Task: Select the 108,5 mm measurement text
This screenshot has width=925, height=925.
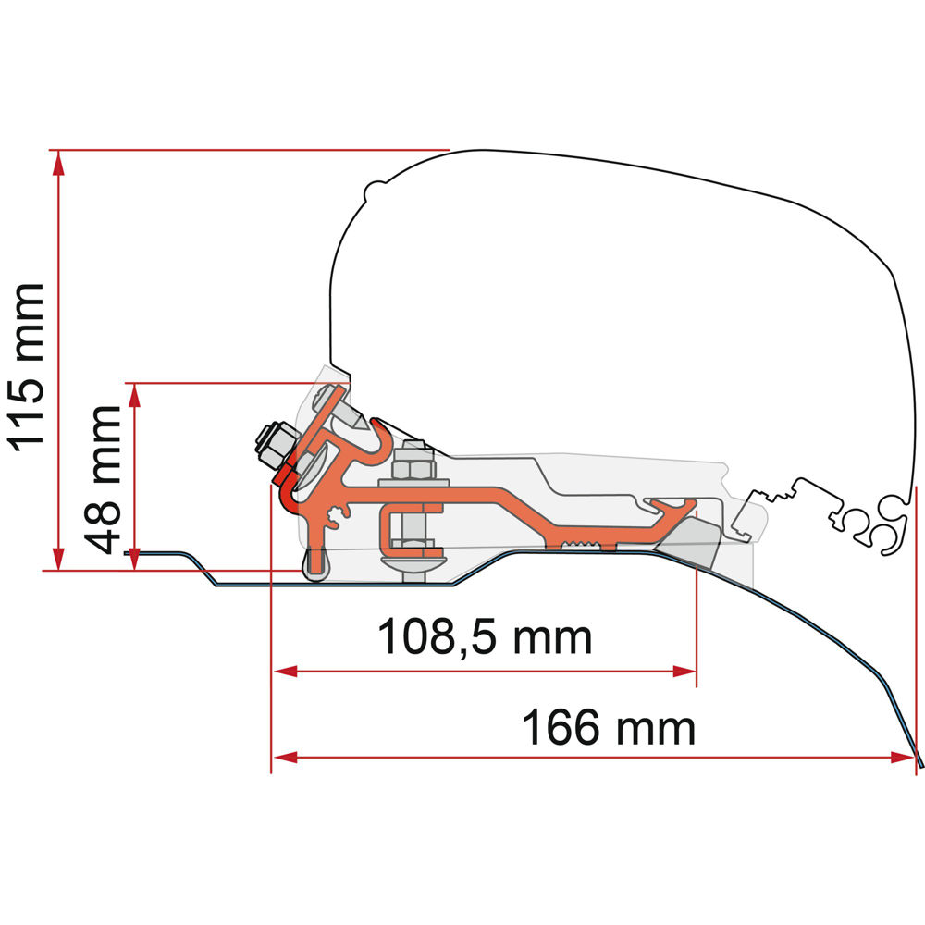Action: (484, 636)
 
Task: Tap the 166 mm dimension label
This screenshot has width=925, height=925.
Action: (608, 728)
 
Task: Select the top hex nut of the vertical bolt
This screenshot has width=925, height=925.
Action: (411, 462)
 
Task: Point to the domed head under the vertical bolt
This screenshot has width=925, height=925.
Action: (412, 560)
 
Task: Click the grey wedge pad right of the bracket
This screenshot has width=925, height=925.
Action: (698, 541)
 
